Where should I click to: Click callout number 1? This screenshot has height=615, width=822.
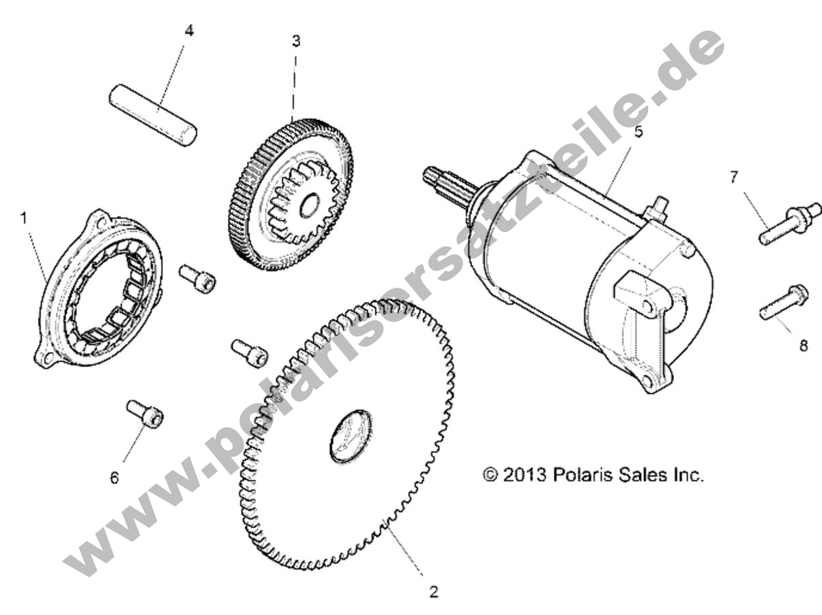click(x=24, y=218)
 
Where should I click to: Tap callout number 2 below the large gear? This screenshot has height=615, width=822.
click(x=432, y=591)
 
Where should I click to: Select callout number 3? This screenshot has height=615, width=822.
click(x=295, y=41)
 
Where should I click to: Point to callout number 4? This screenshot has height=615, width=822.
click(x=189, y=31)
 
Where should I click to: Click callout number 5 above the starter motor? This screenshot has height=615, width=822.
click(x=638, y=132)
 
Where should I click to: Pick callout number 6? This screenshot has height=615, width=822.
click(x=115, y=477)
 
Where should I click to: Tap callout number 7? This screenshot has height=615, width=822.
click(x=734, y=177)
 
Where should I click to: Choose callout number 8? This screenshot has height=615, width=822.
click(x=803, y=346)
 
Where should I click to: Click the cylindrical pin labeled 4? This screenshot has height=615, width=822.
click(x=153, y=114)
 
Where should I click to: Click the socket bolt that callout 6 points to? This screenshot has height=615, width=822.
click(x=145, y=414)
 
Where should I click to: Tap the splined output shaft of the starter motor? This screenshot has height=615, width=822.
click(x=444, y=184)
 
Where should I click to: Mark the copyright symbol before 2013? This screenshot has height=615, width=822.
click(x=490, y=475)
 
